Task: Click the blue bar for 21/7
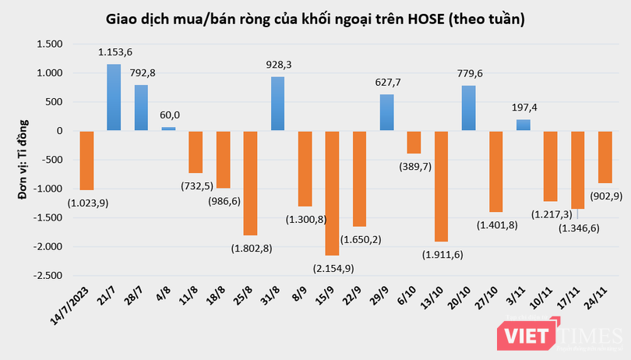tap(114, 97)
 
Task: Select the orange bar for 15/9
tap(332, 193)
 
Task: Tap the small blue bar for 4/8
tap(168, 129)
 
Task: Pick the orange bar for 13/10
tap(441, 186)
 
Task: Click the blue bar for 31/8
tap(277, 104)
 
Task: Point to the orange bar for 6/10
tap(414, 142)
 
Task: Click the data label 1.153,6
tap(114, 52)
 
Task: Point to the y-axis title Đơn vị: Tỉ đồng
tap(23, 160)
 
